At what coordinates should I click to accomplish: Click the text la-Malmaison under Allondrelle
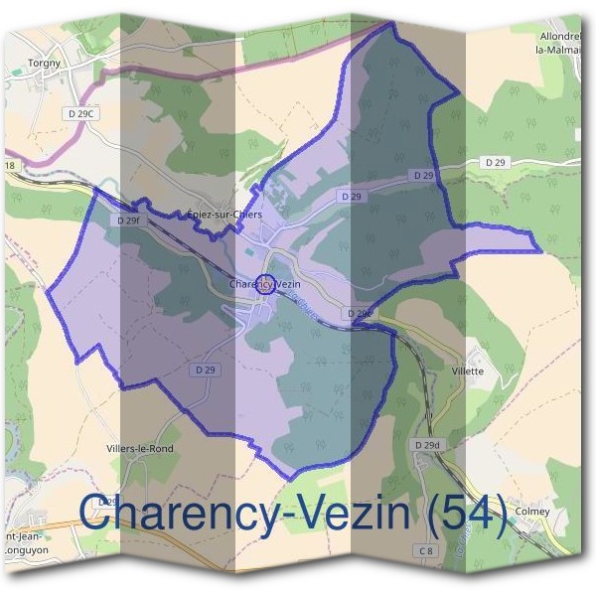(x=557, y=47)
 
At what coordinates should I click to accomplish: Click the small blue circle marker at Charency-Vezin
(x=266, y=284)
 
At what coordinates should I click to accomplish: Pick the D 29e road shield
(x=362, y=313)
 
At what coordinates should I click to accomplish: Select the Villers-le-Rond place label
(x=140, y=448)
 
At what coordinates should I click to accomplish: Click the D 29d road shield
(x=427, y=444)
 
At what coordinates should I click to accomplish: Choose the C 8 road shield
(x=426, y=549)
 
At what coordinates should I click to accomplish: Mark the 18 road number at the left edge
(x=10, y=165)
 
